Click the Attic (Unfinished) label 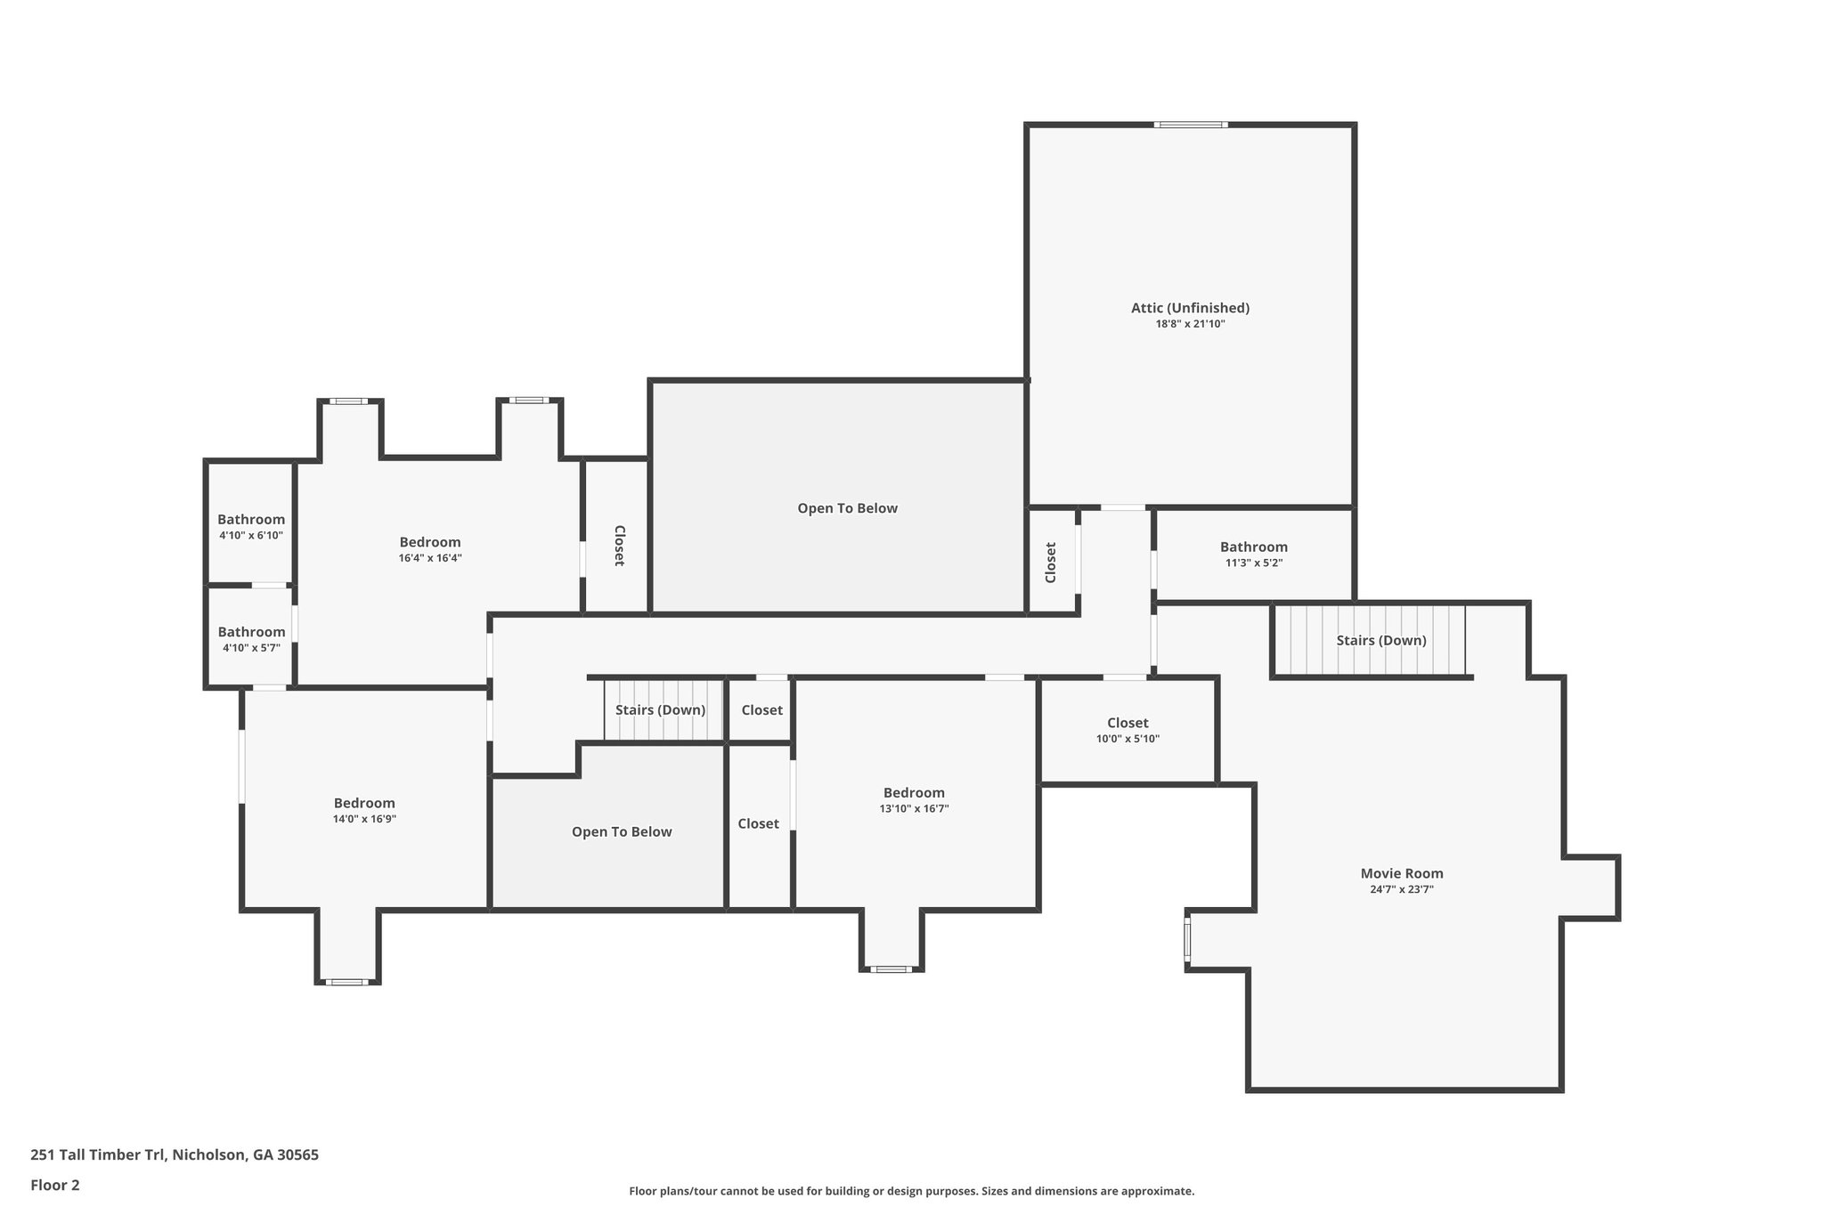coord(1190,308)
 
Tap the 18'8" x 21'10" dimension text coord(1190,324)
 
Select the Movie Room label coord(1401,873)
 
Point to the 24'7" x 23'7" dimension coord(1401,889)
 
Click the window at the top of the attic coord(1191,125)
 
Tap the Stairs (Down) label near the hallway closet coord(660,709)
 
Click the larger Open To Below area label coord(847,508)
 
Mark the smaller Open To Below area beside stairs coord(622,831)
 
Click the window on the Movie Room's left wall coord(1187,939)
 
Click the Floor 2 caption coord(55,1185)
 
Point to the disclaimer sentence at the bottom coord(911,1191)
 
